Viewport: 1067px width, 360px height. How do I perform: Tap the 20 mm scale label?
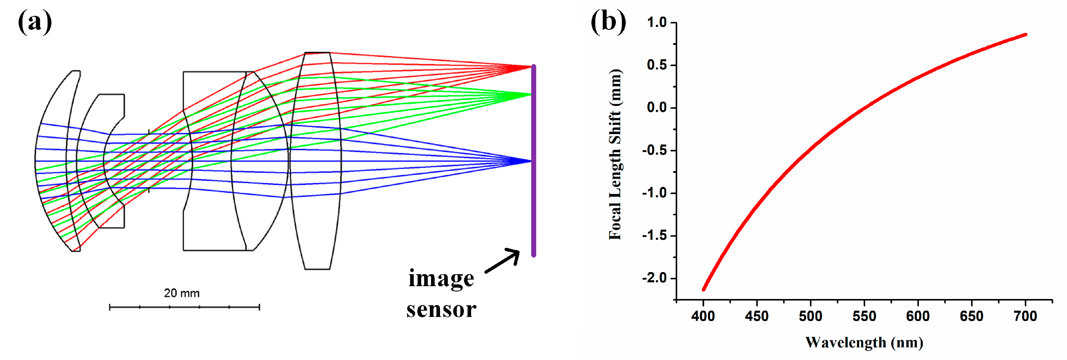click(182, 293)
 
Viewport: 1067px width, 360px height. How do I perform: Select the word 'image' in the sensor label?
click(441, 278)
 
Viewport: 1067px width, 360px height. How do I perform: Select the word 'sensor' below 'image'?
click(441, 309)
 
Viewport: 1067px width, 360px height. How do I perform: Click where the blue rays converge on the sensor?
click(531, 161)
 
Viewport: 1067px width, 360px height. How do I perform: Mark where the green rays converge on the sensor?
click(531, 94)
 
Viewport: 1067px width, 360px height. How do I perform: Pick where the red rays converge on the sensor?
click(531, 67)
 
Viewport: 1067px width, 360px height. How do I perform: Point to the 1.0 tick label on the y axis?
click(657, 22)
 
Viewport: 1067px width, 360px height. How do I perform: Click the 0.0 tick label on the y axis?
click(657, 108)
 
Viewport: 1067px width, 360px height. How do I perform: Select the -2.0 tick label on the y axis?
click(654, 278)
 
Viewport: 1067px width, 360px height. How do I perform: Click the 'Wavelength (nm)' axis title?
click(864, 343)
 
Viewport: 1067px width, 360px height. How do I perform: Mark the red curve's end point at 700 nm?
click(1025, 35)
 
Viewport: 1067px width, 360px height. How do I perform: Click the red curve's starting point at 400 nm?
click(703, 289)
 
